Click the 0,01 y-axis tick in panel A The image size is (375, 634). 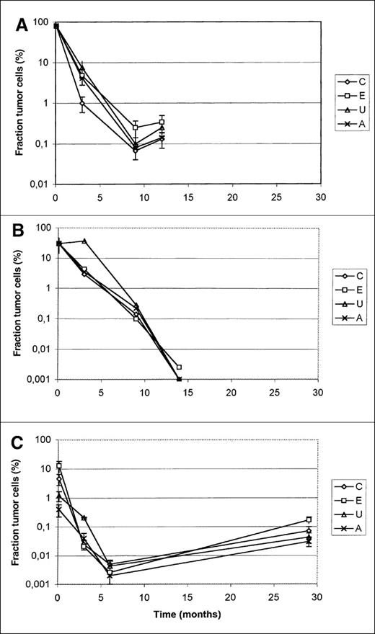[40, 184]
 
